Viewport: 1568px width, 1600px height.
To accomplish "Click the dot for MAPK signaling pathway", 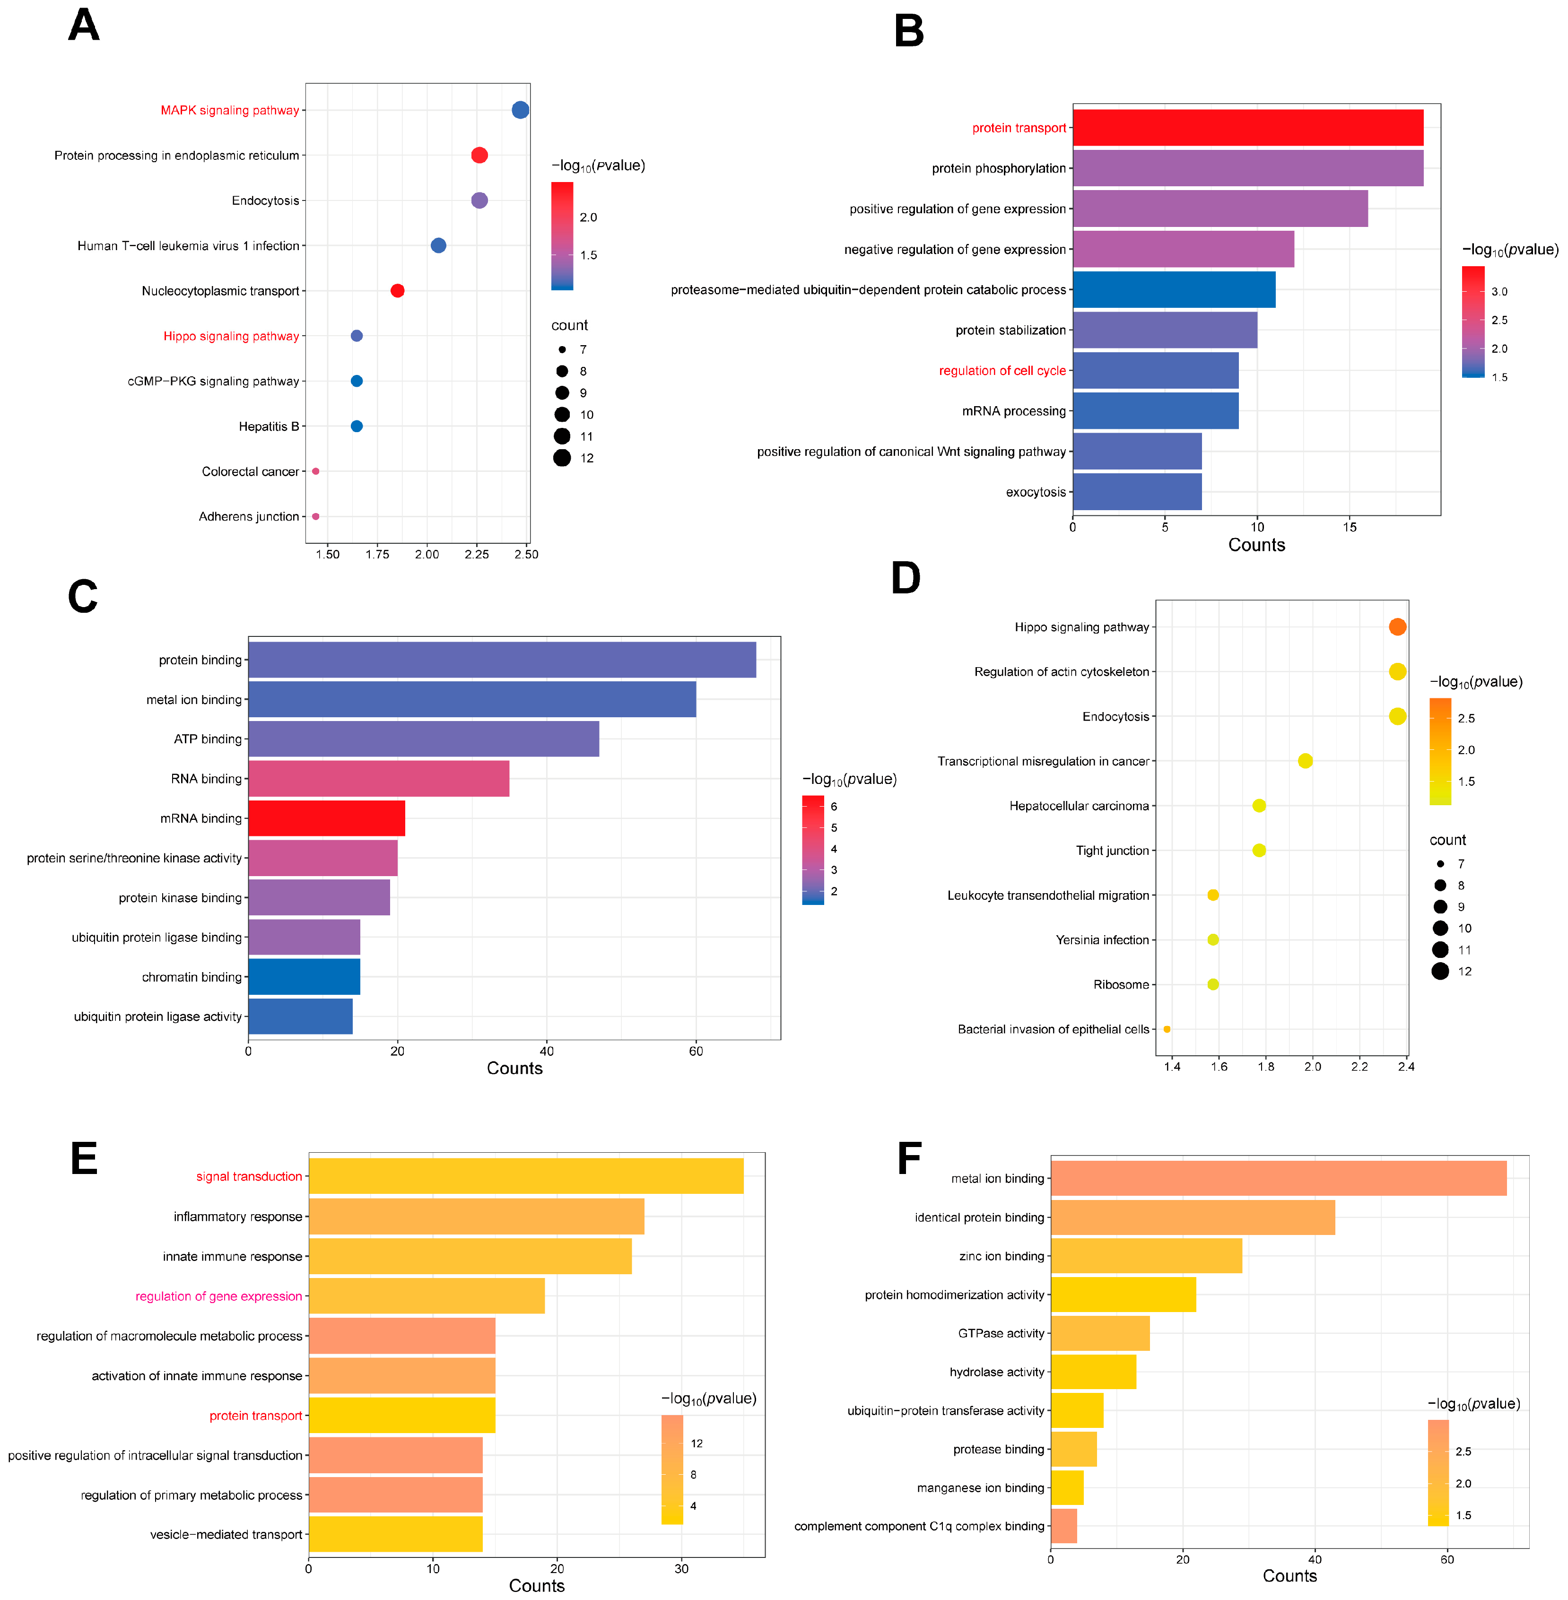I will click(x=521, y=110).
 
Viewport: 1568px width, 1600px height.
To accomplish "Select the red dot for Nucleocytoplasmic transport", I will click(x=397, y=291).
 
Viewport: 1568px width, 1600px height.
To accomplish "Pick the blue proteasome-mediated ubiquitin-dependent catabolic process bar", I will click(x=1174, y=290).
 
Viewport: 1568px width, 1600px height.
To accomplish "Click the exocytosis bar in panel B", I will click(x=1136, y=492).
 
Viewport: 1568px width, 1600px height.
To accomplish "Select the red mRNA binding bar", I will click(x=326, y=817).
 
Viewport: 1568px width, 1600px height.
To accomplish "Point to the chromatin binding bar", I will click(x=304, y=977).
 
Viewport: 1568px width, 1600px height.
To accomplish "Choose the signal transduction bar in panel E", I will click(x=525, y=1176).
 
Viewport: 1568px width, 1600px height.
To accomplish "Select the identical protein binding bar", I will click(x=1193, y=1217).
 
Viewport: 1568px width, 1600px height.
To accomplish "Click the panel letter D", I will click(x=906, y=578).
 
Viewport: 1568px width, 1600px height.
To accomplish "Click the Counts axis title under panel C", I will click(x=514, y=1068).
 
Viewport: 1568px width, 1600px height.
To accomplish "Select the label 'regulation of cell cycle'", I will click(x=1002, y=371).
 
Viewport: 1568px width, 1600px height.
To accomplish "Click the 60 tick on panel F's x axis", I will click(x=1447, y=1559).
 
